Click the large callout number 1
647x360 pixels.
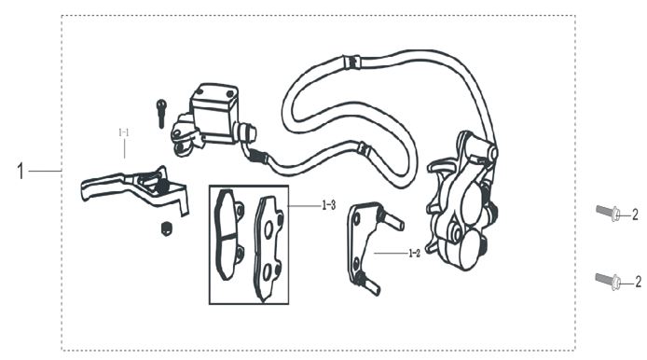pyautogui.click(x=21, y=171)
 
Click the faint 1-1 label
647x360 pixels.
pyautogui.click(x=124, y=133)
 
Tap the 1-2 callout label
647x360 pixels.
pyautogui.click(x=414, y=254)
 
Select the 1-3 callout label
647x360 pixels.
pyautogui.click(x=329, y=205)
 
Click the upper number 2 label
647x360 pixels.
pyautogui.click(x=635, y=215)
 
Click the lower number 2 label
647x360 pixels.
pyautogui.click(x=638, y=282)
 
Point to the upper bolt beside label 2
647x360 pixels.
pyautogui.click(x=608, y=213)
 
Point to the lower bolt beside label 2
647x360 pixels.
pyautogui.click(x=608, y=281)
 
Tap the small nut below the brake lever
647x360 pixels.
pyautogui.click(x=166, y=228)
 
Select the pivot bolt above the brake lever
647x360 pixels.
pyautogui.click(x=161, y=113)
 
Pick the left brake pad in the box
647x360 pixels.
pyautogui.click(x=228, y=234)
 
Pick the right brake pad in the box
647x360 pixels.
pyautogui.click(x=268, y=248)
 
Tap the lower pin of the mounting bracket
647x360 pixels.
pyautogui.click(x=368, y=284)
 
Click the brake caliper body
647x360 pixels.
pyautogui.click(x=462, y=202)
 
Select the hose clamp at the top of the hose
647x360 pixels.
pyautogui.click(x=351, y=62)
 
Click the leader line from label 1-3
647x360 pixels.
pyautogui.click(x=304, y=205)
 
